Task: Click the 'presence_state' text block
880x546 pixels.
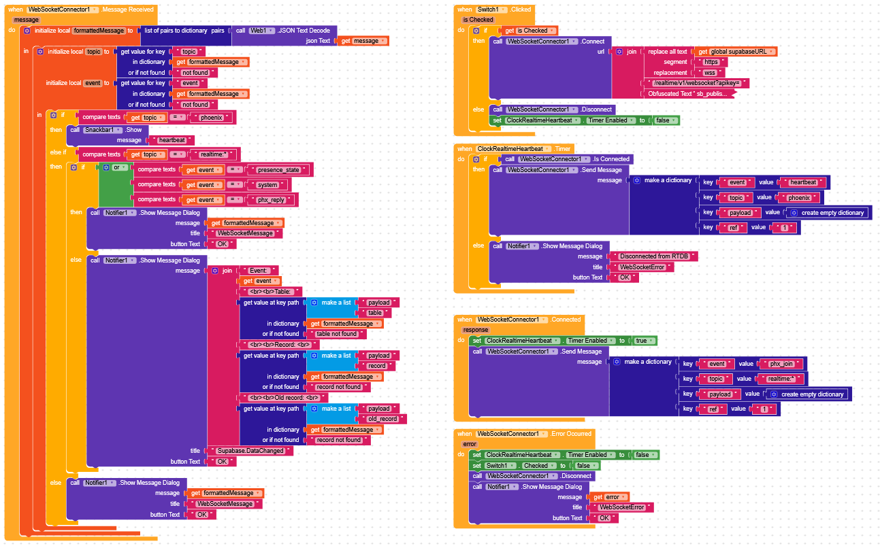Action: pyautogui.click(x=280, y=170)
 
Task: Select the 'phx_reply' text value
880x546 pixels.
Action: pyautogui.click(x=272, y=200)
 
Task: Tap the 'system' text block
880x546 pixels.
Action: pyautogui.click(x=268, y=185)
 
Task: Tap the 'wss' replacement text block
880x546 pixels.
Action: pyautogui.click(x=710, y=73)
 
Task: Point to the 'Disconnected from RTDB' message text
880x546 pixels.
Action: pyautogui.click(x=654, y=256)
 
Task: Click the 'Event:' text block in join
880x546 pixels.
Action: pyautogui.click(x=259, y=271)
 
